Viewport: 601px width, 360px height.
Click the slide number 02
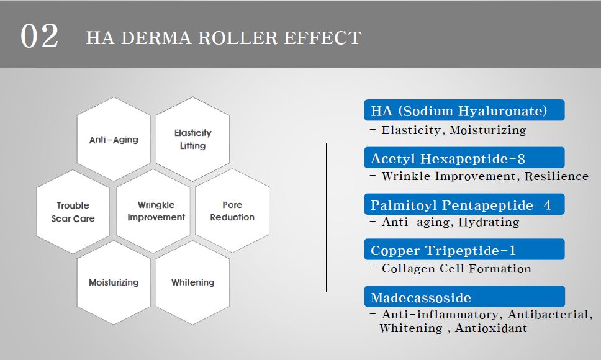coord(40,36)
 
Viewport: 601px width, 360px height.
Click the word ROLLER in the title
coord(238,38)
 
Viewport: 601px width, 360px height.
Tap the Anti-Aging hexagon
coord(114,139)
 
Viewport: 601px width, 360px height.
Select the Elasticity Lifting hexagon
coord(193,139)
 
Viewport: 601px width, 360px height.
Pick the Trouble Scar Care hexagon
coord(73,212)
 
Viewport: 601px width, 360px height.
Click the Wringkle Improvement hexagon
coord(153,211)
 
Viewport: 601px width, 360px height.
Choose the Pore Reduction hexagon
coord(232,210)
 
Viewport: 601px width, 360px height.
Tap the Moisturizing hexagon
coord(114,282)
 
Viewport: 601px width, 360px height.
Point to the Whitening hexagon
coord(193,282)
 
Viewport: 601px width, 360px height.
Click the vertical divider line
coord(326,217)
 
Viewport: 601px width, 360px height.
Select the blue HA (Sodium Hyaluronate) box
coord(464,110)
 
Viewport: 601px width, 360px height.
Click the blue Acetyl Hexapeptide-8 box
coord(464,158)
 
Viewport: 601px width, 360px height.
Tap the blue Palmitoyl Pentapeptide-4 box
coord(464,204)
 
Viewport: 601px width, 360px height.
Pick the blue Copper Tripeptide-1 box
coord(464,250)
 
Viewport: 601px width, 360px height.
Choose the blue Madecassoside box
coord(464,297)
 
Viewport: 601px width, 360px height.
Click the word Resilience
coord(556,176)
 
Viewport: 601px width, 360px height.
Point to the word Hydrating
coord(489,222)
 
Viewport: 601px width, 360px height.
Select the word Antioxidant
coord(491,328)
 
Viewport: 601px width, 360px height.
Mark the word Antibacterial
coord(550,315)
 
